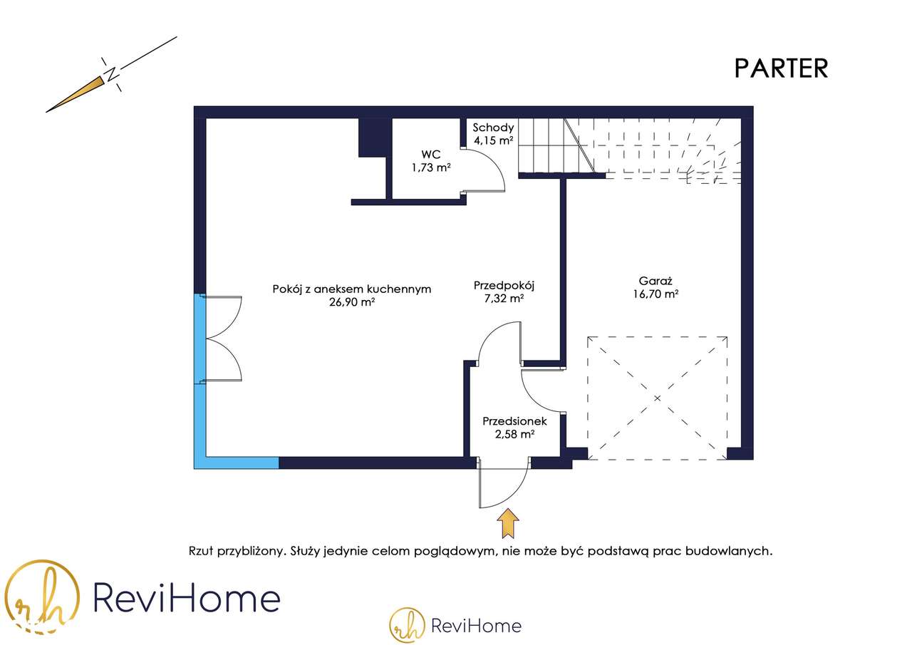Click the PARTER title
[x=781, y=68]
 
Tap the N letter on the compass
[x=111, y=74]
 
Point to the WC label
[x=430, y=155]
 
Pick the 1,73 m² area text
[x=430, y=167]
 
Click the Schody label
[x=493, y=128]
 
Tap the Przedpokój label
[x=504, y=286]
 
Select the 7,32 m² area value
[x=504, y=299]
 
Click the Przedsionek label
[x=514, y=421]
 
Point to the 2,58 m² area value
[x=514, y=433]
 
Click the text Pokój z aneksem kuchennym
[x=352, y=289]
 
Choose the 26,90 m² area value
[x=352, y=301]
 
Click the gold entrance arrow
[x=508, y=522]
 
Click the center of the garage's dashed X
[x=657, y=397]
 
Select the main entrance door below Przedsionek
[x=503, y=485]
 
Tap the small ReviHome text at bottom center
[x=476, y=626]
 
